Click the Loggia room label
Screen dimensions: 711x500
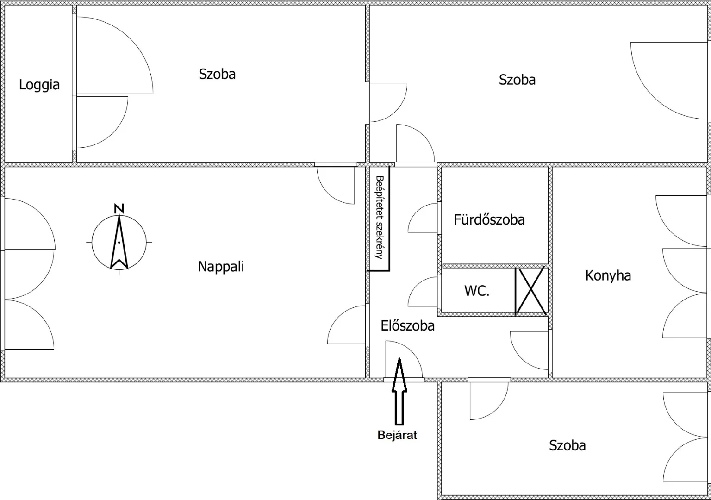coord(39,85)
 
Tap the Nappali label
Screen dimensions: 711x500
coord(221,267)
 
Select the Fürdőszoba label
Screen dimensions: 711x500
coord(489,220)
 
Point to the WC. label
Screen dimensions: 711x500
coord(477,291)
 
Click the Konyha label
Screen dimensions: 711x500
coord(608,275)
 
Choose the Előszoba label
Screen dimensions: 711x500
coord(407,326)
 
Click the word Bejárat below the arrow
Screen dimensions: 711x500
coord(397,435)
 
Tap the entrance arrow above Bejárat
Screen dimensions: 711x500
coord(399,391)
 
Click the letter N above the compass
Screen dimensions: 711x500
coord(119,209)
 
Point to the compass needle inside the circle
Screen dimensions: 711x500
coord(119,242)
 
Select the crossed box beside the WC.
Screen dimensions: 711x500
coord(531,291)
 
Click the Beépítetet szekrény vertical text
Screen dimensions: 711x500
coord(380,218)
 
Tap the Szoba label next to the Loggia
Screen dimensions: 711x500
coord(217,74)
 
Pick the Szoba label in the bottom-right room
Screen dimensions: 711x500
coord(567,445)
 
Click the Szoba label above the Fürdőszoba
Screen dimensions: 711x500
coord(517,80)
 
